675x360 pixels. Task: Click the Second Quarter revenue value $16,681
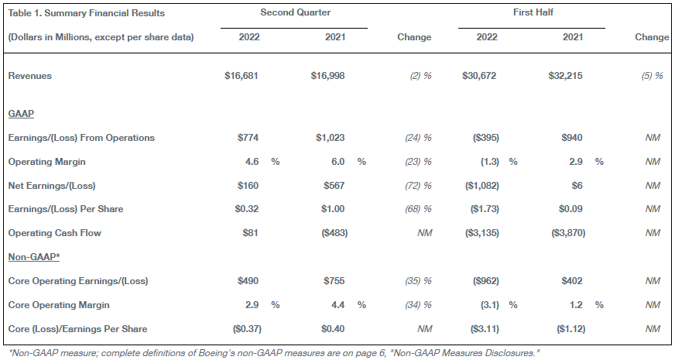pyautogui.click(x=241, y=76)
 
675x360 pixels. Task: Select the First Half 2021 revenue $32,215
pyautogui.click(x=565, y=76)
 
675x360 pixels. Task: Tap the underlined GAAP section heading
pyautogui.click(x=21, y=114)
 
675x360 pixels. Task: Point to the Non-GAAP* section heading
pyautogui.click(x=34, y=257)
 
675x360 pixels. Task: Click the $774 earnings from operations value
pyautogui.click(x=248, y=138)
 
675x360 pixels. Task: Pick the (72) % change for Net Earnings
pyautogui.click(x=418, y=186)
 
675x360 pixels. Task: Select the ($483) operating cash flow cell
pyautogui.click(x=334, y=233)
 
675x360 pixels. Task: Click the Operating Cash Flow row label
pyautogui.click(x=55, y=233)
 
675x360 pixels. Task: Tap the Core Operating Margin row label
pyautogui.click(x=59, y=305)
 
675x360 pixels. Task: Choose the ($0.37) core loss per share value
pyautogui.click(x=247, y=329)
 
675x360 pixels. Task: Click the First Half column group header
pyautogui.click(x=533, y=12)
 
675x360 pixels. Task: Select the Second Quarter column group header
pyautogui.click(x=296, y=12)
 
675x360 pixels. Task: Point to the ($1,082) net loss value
pyautogui.click(x=482, y=186)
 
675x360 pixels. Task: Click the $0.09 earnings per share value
pyautogui.click(x=570, y=209)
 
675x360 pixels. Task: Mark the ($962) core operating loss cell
pyautogui.click(x=486, y=281)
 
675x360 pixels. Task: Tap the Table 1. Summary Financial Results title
pyautogui.click(x=87, y=13)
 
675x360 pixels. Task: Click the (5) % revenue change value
pyautogui.click(x=653, y=76)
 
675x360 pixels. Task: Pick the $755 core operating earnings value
pyautogui.click(x=334, y=281)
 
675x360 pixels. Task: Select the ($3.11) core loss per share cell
pyautogui.click(x=485, y=329)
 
